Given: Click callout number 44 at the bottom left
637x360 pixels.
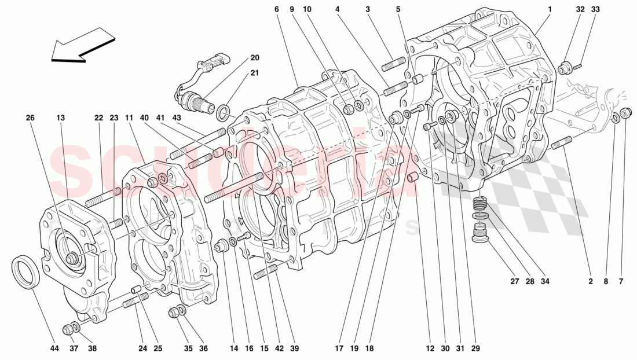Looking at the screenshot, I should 54,348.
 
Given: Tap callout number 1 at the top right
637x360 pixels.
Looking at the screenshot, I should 550,9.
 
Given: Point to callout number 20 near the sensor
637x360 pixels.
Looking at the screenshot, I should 255,58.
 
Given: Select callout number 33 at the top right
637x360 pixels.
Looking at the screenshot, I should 596,9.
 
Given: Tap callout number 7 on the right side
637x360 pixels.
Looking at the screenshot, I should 621,282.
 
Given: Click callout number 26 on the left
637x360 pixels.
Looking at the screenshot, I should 30,118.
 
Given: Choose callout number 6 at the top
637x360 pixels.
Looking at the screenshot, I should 277,9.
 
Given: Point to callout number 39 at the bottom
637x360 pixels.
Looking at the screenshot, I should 295,348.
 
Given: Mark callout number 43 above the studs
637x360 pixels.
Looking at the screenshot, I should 176,118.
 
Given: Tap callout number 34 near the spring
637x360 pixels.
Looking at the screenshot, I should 545,282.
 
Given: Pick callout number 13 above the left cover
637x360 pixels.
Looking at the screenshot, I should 61,118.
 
